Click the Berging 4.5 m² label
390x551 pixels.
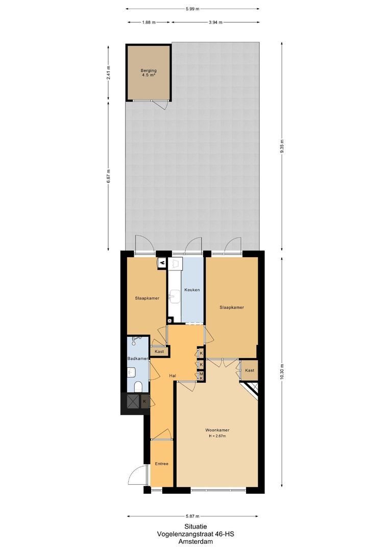pyautogui.click(x=149, y=73)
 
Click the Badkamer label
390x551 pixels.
pyautogui.click(x=138, y=359)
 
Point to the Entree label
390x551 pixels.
pyautogui.click(x=162, y=464)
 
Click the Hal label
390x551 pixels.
pyautogui.click(x=173, y=375)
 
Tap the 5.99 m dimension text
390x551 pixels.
pyautogui.click(x=193, y=9)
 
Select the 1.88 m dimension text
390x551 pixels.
pyautogui.click(x=149, y=22)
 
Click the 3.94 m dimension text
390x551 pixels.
pyautogui.click(x=215, y=22)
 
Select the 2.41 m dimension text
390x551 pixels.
pyautogui.click(x=108, y=72)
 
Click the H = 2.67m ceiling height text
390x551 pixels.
pyautogui.click(x=217, y=436)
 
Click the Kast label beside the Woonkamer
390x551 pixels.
pyautogui.click(x=250, y=370)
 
